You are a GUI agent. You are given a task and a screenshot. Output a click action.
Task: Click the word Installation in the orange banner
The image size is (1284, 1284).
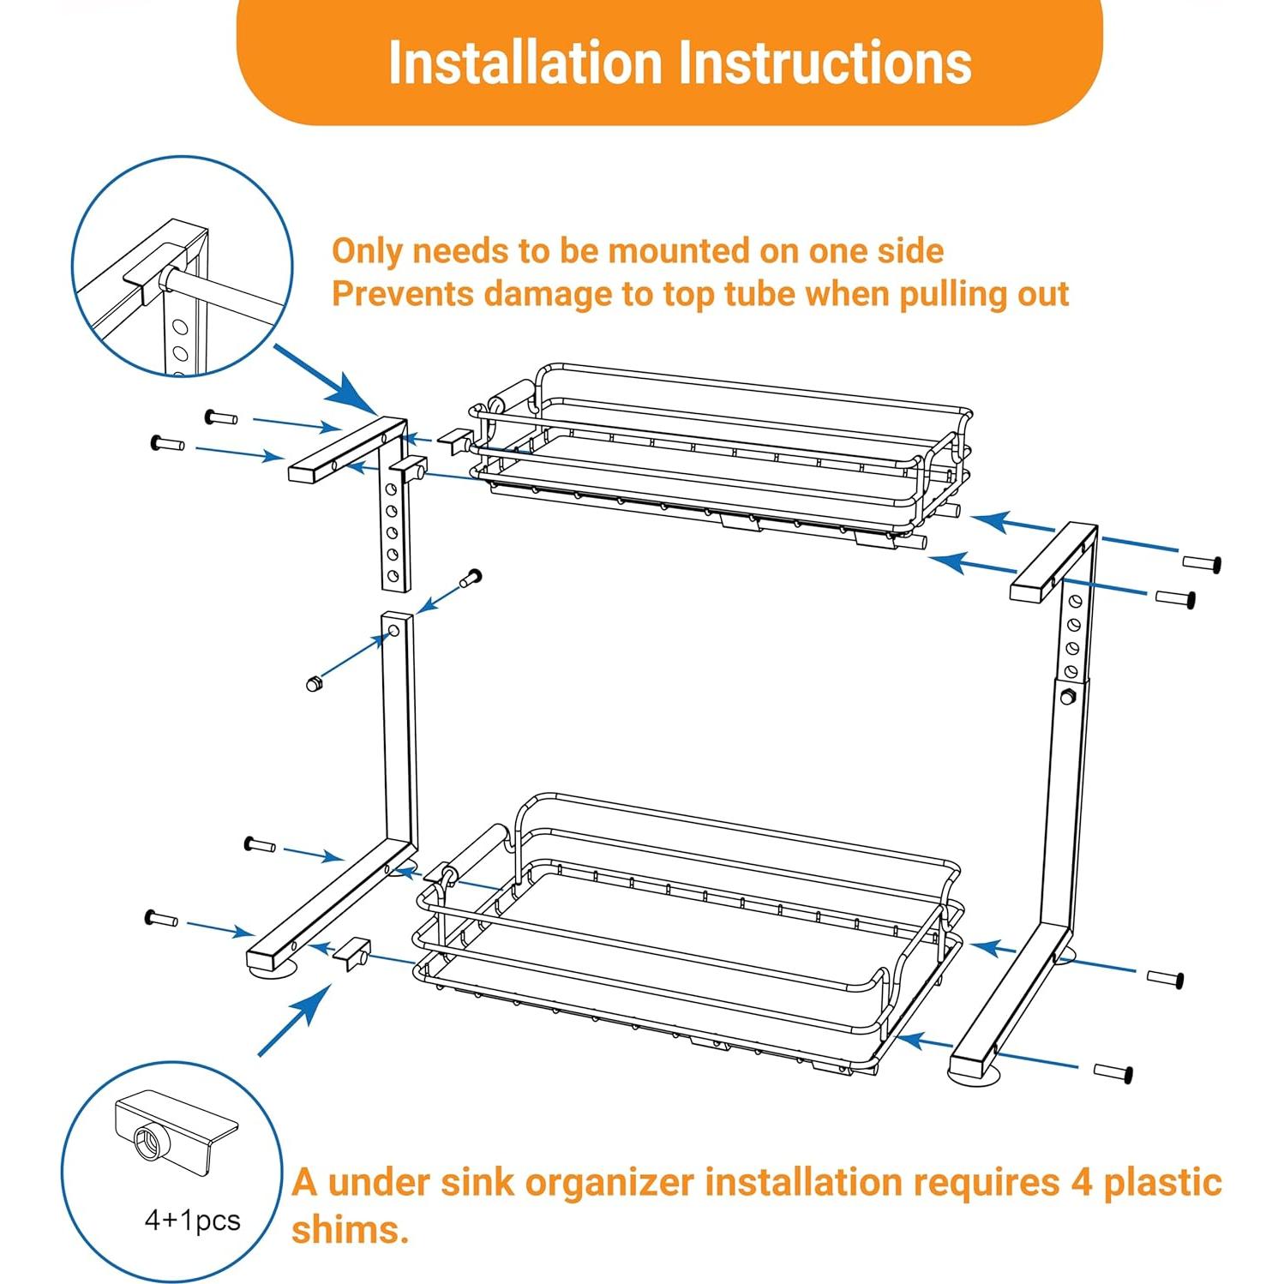click(526, 63)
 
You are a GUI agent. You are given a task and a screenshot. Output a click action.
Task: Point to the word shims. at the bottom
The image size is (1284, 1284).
click(350, 1229)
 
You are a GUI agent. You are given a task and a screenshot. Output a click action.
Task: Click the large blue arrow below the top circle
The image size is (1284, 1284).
click(328, 381)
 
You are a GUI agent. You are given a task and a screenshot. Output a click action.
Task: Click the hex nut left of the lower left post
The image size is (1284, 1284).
click(315, 683)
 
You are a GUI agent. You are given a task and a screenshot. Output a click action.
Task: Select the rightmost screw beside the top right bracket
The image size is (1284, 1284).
click(1201, 563)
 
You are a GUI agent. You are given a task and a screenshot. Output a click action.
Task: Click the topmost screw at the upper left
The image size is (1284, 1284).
click(221, 417)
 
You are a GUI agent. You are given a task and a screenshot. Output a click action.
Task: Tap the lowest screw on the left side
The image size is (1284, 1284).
click(161, 919)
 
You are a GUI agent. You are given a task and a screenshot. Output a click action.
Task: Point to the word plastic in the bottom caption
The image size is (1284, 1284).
click(1162, 1183)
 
